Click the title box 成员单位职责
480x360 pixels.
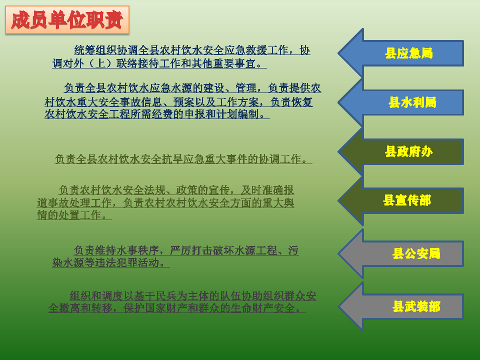pyautogui.click(x=67, y=20)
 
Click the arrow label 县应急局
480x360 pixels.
pyautogui.click(x=408, y=53)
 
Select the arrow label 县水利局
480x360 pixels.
pyautogui.click(x=412, y=102)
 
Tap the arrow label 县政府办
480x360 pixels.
pyautogui.click(x=408, y=151)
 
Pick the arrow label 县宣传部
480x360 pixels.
pyautogui.click(x=406, y=200)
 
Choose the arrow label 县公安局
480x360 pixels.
pyautogui.click(x=416, y=253)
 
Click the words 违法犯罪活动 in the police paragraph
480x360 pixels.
pyautogui.click(x=126, y=262)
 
